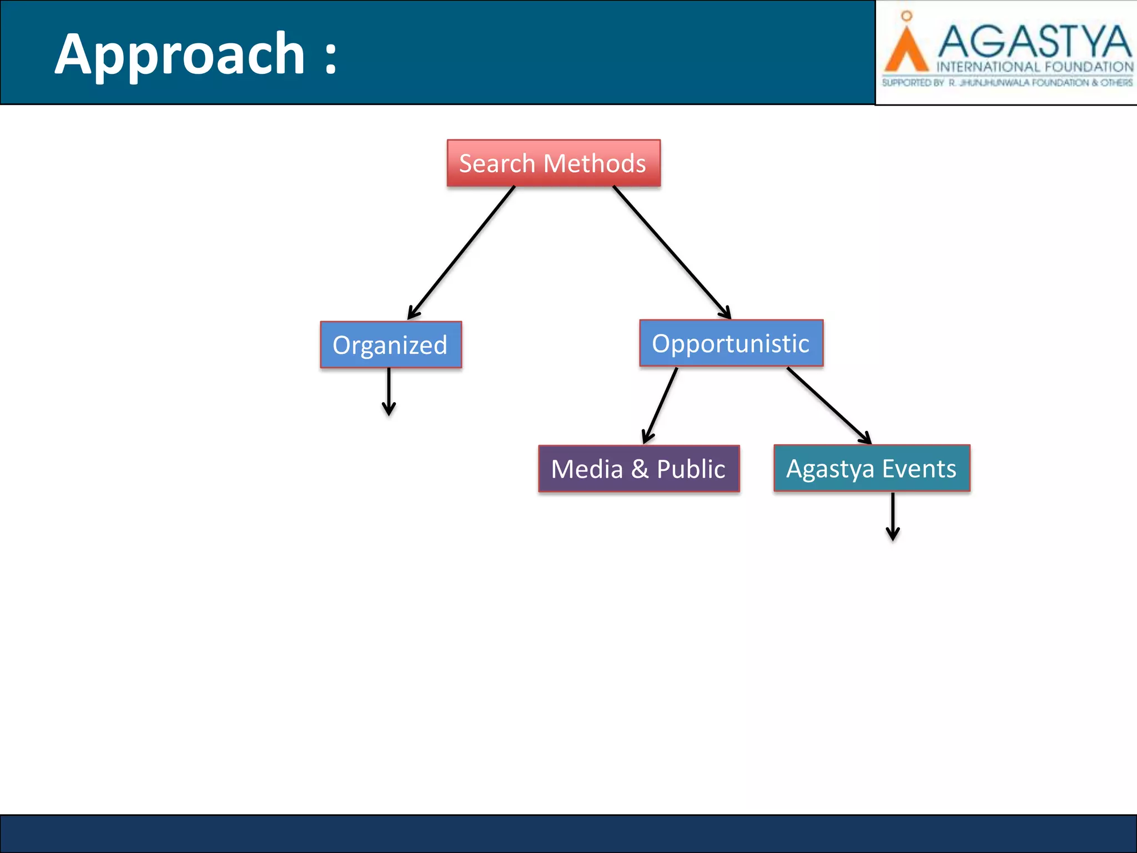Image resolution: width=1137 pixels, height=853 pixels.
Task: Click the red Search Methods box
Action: (554, 163)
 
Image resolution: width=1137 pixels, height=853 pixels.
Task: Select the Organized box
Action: (391, 345)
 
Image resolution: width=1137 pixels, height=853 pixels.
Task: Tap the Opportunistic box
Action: (731, 343)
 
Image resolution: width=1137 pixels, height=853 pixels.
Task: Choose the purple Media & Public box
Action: (638, 469)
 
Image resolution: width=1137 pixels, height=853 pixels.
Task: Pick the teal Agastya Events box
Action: (872, 468)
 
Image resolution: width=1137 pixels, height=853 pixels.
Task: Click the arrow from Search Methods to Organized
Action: (462, 253)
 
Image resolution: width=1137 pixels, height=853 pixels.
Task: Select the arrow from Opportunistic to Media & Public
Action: (661, 405)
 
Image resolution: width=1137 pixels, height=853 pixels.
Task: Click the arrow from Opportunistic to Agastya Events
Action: (829, 405)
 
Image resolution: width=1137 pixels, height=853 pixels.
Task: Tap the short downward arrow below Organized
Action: (389, 392)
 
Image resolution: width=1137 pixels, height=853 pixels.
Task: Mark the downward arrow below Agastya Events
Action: (893, 516)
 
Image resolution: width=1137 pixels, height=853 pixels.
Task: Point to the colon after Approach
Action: (331, 57)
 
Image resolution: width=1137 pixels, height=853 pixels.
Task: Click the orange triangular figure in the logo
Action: (906, 53)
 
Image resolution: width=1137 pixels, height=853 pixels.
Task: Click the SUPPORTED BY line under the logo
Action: (1007, 83)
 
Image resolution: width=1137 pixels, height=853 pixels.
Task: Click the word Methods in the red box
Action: (595, 163)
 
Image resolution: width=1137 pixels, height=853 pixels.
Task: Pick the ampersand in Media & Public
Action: (640, 469)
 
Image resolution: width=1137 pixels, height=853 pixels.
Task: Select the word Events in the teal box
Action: (919, 468)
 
